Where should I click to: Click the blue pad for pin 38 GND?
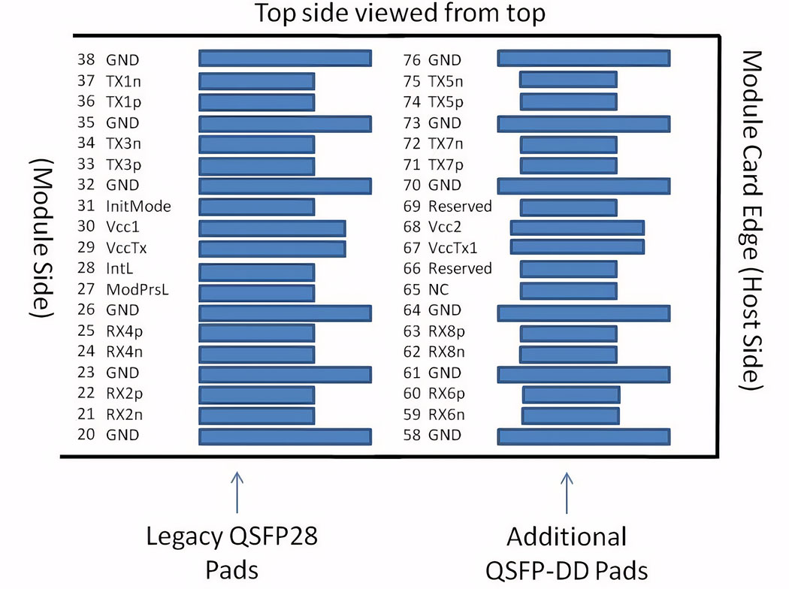(285, 59)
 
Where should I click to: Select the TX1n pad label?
(125, 80)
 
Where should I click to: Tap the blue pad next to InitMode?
(257, 206)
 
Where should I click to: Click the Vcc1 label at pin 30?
(121, 227)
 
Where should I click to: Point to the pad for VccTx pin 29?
(272, 248)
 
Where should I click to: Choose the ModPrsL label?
(136, 289)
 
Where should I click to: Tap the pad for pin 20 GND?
(285, 436)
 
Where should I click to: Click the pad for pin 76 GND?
(584, 59)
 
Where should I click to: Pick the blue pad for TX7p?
(568, 165)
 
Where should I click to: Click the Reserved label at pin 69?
(460, 206)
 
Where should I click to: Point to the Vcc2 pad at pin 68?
(577, 227)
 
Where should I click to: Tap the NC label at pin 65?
(437, 289)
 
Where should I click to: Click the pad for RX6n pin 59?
(570, 415)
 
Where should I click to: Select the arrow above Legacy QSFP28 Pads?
(237, 489)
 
